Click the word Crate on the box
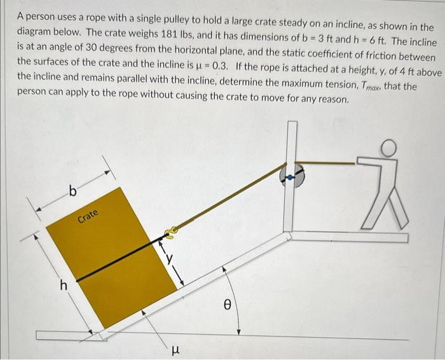click(x=88, y=216)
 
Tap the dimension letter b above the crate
click(x=72, y=191)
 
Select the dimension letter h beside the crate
click(x=63, y=286)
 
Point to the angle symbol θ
click(x=226, y=305)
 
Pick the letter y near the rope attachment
click(x=169, y=258)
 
